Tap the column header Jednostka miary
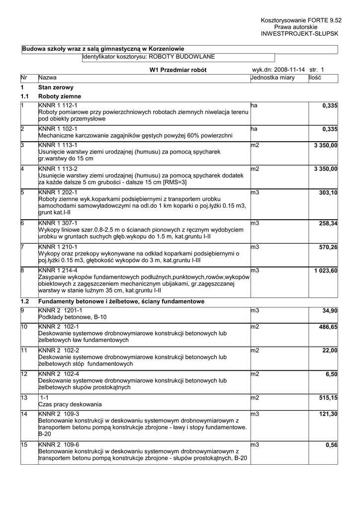273,78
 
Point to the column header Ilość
315,78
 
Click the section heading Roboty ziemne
60,96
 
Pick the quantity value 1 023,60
326,270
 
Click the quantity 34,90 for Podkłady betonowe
329,310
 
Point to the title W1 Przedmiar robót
178,70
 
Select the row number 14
24,414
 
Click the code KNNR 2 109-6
59,445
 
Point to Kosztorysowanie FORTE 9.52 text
301,20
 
